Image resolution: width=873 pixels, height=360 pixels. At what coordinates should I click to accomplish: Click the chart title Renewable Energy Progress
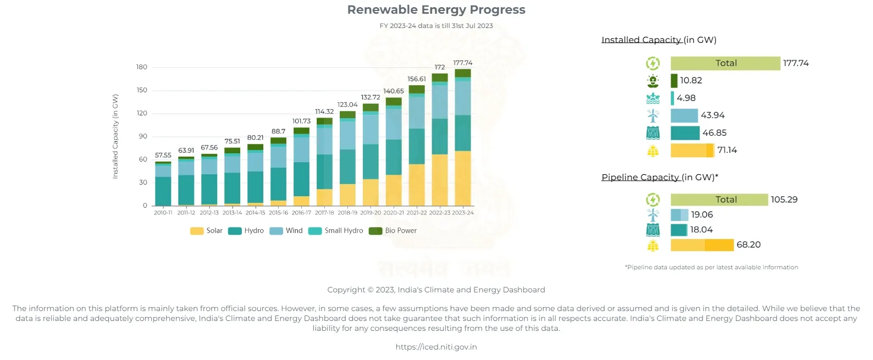pyautogui.click(x=436, y=10)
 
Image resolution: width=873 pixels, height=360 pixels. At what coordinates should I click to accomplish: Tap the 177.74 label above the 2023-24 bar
pyautogui.click(x=462, y=63)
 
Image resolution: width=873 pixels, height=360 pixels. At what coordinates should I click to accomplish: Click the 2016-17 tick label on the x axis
pyautogui.click(x=301, y=213)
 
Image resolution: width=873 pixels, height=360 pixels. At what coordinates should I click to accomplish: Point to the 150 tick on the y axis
pyautogui.click(x=142, y=90)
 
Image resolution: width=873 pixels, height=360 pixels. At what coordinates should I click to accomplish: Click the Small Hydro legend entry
pyautogui.click(x=337, y=231)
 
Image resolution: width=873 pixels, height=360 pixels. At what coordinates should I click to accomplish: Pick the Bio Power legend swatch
pyautogui.click(x=375, y=231)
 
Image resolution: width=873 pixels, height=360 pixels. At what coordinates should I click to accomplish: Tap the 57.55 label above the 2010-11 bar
pyautogui.click(x=163, y=155)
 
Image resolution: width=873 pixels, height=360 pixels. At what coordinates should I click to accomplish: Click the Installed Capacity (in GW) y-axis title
pyautogui.click(x=115, y=136)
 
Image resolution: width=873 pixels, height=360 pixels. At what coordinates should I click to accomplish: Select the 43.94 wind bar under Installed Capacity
pyautogui.click(x=684, y=115)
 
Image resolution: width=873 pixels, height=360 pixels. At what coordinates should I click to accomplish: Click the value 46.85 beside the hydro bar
pyautogui.click(x=714, y=133)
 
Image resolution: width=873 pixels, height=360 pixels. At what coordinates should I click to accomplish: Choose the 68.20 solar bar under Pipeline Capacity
pyautogui.click(x=701, y=245)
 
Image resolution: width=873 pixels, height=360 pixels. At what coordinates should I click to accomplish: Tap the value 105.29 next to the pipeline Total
pyautogui.click(x=784, y=200)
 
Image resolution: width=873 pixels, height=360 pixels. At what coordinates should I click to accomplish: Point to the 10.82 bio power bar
pyautogui.click(x=674, y=81)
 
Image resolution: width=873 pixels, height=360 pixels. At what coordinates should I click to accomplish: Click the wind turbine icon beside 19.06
pyautogui.click(x=653, y=215)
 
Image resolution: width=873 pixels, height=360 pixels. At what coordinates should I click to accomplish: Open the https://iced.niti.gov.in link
pyautogui.click(x=436, y=347)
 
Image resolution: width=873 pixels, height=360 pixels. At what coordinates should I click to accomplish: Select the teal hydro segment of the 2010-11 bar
pyautogui.click(x=163, y=191)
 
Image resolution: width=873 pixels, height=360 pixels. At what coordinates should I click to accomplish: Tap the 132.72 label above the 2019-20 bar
pyautogui.click(x=370, y=97)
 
